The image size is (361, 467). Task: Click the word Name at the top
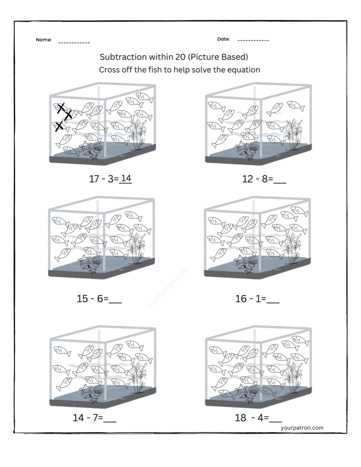[x=44, y=40]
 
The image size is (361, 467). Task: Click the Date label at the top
[x=223, y=40]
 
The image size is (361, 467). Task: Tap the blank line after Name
[x=74, y=42]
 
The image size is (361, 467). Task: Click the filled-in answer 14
[x=126, y=179]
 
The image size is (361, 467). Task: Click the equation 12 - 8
[x=257, y=179]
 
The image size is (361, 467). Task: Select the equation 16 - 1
[x=250, y=299]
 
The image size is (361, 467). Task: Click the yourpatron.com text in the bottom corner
[x=302, y=427]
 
